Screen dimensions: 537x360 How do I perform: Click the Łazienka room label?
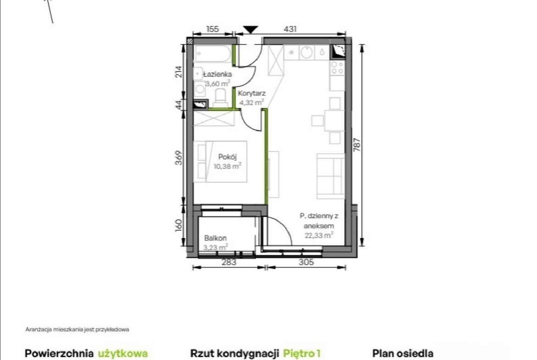[x=217, y=74]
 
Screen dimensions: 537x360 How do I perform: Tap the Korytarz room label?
[x=252, y=93]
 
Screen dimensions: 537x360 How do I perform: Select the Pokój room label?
[x=227, y=157]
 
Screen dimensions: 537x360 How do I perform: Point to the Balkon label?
[x=215, y=238]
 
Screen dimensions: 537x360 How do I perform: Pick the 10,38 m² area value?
[x=227, y=166]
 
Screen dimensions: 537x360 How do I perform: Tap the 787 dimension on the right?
[x=357, y=145]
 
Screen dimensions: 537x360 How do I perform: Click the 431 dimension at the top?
[x=290, y=29]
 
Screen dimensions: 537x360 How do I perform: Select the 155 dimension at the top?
[x=213, y=29]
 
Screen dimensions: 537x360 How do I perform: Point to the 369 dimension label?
[x=179, y=158]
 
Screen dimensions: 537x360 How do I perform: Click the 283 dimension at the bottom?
[x=229, y=262]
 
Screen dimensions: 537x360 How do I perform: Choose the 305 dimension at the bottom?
[x=306, y=262]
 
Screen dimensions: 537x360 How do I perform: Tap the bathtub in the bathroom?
[x=213, y=54]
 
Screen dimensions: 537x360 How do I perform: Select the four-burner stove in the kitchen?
[x=337, y=67]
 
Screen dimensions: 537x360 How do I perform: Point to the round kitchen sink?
[x=307, y=52]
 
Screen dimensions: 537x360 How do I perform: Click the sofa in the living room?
[x=330, y=176]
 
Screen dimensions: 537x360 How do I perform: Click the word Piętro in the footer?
[x=299, y=354]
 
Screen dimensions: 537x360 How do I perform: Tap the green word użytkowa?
[x=123, y=354]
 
